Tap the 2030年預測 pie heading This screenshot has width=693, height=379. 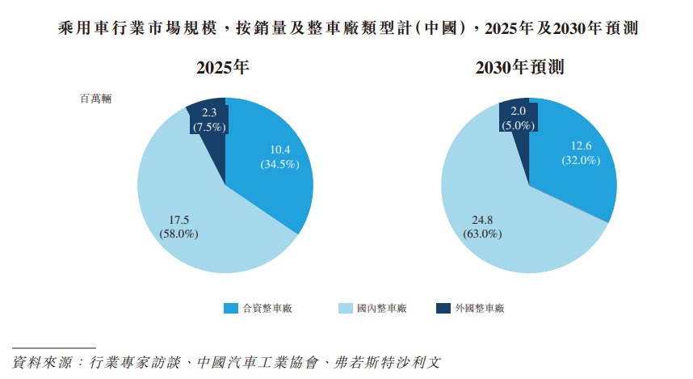click(531, 69)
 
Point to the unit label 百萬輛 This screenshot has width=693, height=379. click(95, 99)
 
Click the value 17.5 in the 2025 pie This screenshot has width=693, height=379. click(178, 220)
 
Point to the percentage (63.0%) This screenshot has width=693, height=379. click(482, 234)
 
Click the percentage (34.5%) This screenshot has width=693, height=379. click(279, 164)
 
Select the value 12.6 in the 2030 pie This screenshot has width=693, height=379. click(582, 146)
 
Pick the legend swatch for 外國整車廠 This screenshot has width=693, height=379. click(443, 308)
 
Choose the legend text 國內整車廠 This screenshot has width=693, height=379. click(381, 308)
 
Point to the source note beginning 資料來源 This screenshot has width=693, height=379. click(227, 360)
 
